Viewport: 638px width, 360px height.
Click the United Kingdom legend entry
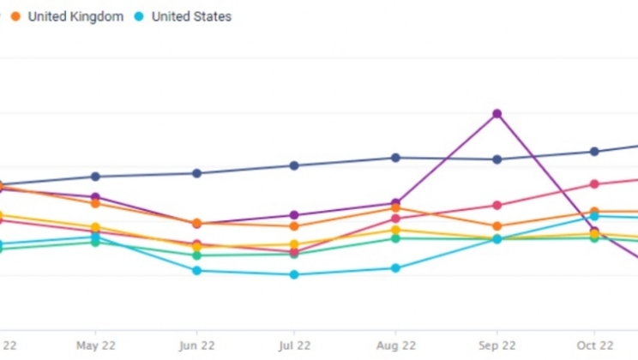75,16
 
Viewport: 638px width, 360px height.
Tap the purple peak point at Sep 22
497,113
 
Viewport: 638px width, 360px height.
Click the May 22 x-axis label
95,345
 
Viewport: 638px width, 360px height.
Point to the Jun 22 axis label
196,345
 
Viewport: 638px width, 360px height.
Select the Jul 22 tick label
294,345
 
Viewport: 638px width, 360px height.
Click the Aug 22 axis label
395,345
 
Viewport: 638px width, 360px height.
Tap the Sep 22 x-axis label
497,345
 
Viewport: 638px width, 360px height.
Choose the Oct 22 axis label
594,345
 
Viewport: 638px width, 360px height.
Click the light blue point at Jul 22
294,274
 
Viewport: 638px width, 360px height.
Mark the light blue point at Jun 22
196,270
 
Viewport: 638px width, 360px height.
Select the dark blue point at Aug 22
395,158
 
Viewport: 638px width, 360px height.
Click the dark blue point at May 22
95,177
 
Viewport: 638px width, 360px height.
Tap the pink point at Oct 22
594,184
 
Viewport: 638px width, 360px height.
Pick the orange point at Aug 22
395,208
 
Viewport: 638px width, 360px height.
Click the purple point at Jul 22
294,215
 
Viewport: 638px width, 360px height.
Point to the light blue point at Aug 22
395,268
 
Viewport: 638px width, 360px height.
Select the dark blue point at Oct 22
594,152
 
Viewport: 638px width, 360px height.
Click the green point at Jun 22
196,255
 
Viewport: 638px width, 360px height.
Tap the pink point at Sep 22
497,206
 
